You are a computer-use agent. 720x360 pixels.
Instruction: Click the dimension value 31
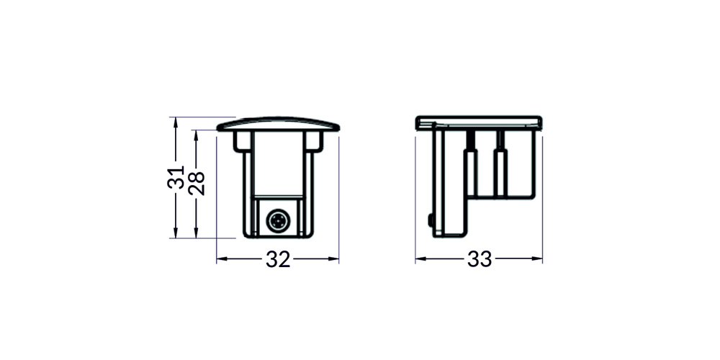(x=176, y=177)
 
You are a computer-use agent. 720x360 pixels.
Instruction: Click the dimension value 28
(x=196, y=183)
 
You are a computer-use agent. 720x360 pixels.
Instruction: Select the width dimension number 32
(x=278, y=260)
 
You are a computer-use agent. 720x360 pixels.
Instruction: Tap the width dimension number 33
(x=480, y=259)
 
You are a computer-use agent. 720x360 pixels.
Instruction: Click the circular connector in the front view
(x=277, y=221)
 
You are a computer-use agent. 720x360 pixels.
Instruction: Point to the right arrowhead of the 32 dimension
(x=333, y=259)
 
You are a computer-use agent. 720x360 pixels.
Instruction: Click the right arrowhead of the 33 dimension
(x=537, y=259)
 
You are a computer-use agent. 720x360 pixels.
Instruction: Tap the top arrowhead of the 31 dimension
(x=176, y=122)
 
